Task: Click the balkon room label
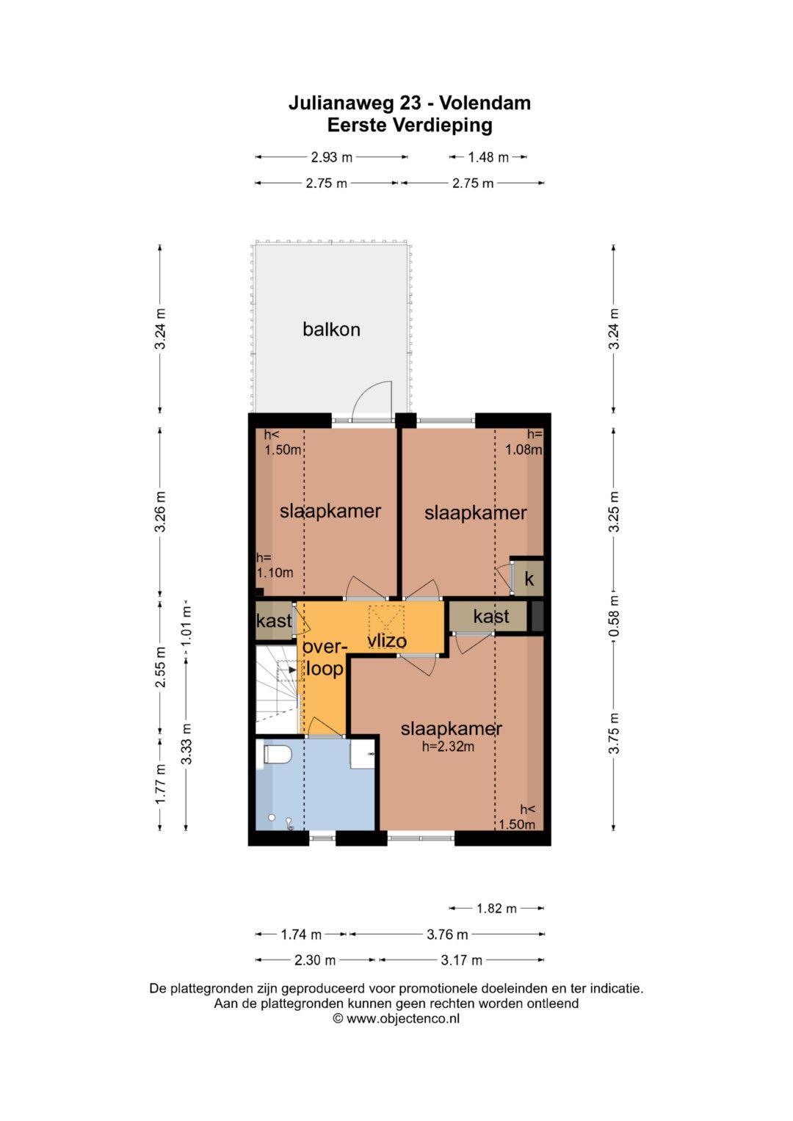[x=331, y=330]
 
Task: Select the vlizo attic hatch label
[x=386, y=641]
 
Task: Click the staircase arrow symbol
[x=291, y=670]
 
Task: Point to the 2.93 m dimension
[x=331, y=157]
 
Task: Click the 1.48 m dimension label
[x=488, y=158]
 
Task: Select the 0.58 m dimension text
[x=615, y=616]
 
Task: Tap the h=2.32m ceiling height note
[x=448, y=747]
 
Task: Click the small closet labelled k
[x=529, y=578]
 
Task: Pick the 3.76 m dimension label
[x=447, y=935]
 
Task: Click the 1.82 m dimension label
[x=496, y=908]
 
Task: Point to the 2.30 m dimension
[x=315, y=960]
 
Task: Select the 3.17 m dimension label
[x=461, y=960]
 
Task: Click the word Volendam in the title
[x=485, y=103]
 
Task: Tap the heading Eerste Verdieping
[x=410, y=125]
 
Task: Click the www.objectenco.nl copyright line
[x=396, y=1018]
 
